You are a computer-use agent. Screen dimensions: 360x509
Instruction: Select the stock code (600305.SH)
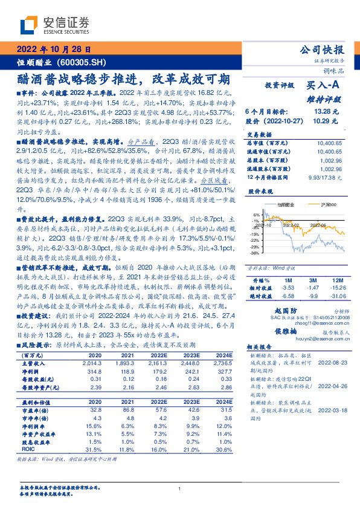tap(90, 62)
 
